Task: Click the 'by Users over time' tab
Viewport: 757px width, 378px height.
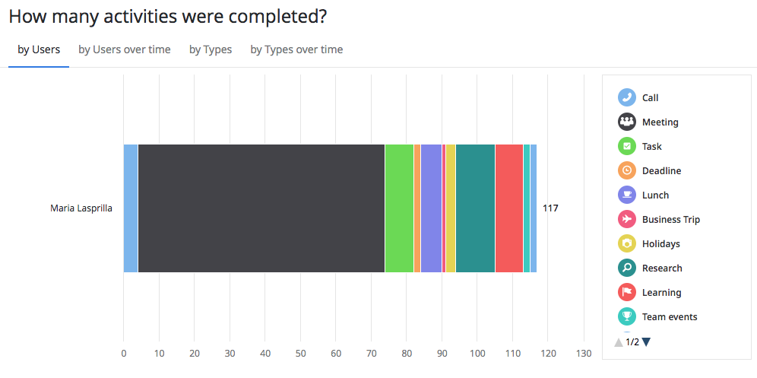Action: (x=124, y=49)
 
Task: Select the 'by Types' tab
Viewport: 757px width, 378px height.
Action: (x=211, y=49)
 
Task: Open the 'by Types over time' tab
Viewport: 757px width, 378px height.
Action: (x=296, y=49)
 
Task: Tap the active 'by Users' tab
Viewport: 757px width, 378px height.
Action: (x=39, y=49)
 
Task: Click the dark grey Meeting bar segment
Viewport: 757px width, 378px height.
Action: (x=261, y=208)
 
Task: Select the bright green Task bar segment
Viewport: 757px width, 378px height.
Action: (x=399, y=208)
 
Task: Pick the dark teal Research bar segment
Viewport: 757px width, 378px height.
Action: (x=475, y=208)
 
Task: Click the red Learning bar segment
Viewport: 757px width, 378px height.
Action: (x=508, y=208)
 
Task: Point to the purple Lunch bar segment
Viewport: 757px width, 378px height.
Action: (x=431, y=208)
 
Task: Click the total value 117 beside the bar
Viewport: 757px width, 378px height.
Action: (x=550, y=208)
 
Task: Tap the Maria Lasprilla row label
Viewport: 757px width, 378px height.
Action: (x=81, y=208)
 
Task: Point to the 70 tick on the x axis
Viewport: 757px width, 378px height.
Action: (x=371, y=353)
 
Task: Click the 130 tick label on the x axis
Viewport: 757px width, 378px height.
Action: (x=584, y=353)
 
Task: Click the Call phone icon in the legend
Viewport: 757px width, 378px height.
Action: (x=627, y=97)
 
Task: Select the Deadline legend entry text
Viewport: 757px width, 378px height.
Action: (x=661, y=171)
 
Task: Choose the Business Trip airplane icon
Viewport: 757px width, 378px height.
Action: (x=627, y=220)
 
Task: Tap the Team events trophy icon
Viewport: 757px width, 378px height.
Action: (x=627, y=317)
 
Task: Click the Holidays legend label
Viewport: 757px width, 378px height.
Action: (x=660, y=244)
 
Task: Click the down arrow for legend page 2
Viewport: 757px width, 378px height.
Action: (x=646, y=342)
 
